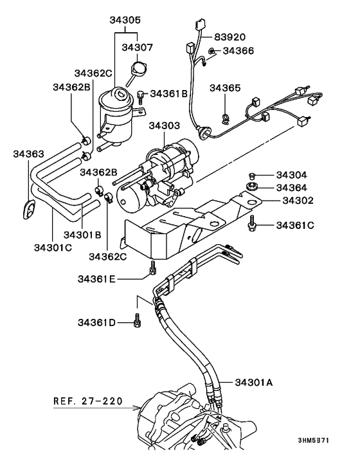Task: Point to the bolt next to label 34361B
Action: [141, 95]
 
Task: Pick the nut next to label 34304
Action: [251, 175]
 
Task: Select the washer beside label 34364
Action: [251, 188]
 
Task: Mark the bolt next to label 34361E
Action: [152, 268]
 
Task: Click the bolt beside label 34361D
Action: [138, 320]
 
